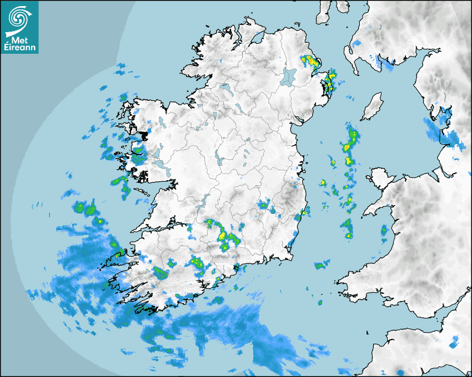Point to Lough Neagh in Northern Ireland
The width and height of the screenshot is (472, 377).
click(289, 76)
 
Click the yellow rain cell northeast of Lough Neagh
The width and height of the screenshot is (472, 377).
click(307, 60)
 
